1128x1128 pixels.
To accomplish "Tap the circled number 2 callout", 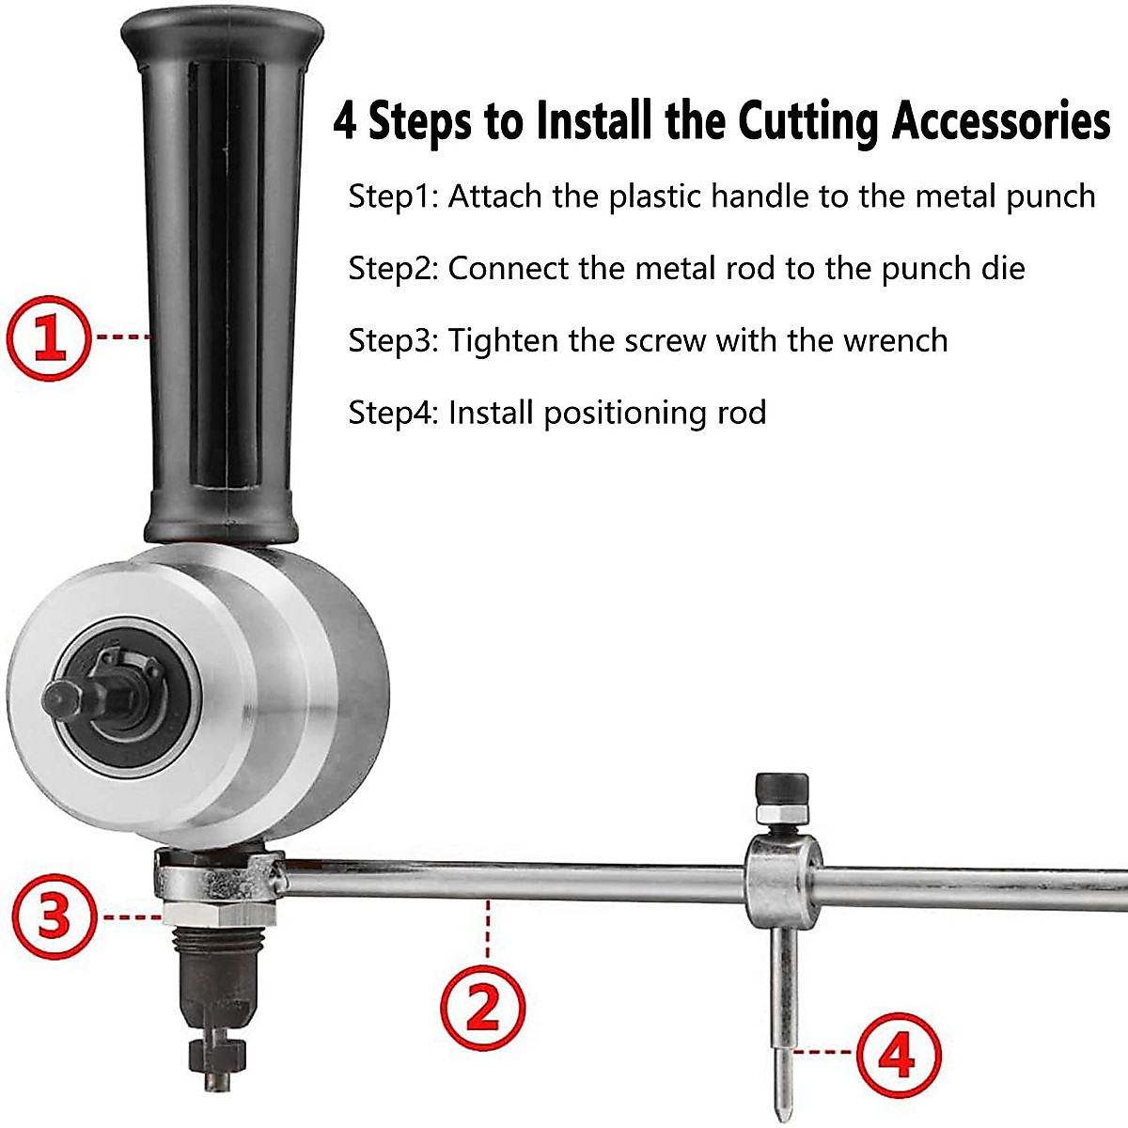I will tap(483, 1010).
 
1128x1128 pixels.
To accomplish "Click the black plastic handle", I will tap(222, 282).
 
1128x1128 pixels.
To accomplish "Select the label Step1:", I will tap(393, 196).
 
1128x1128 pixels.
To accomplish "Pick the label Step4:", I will tap(393, 413).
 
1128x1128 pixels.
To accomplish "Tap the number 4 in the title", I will tap(346, 121).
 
